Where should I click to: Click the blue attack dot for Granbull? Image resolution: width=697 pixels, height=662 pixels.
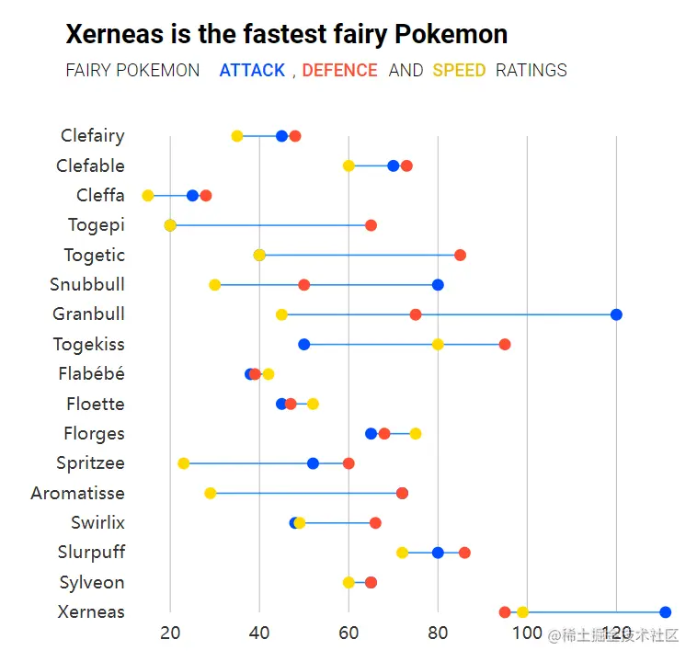[616, 314]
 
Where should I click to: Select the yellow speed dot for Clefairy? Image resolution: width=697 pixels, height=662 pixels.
[237, 136]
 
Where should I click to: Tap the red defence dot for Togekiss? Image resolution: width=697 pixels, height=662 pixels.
[505, 344]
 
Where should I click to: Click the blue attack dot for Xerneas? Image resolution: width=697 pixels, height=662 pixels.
[666, 612]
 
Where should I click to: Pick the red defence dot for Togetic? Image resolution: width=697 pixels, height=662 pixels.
[460, 255]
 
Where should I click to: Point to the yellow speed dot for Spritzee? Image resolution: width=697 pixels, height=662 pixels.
[184, 463]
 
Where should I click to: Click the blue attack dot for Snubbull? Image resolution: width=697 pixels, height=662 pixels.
[438, 284]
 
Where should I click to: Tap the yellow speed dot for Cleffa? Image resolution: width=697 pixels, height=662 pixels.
[148, 196]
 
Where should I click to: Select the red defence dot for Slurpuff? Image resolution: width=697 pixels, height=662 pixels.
[464, 553]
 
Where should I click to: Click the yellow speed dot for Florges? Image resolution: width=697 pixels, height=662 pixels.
[416, 434]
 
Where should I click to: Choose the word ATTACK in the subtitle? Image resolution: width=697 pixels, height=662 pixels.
[252, 70]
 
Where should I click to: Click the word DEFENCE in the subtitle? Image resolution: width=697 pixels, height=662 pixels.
[339, 70]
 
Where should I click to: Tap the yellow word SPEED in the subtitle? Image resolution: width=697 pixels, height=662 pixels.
[459, 70]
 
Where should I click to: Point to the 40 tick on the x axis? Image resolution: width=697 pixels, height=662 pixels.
[259, 633]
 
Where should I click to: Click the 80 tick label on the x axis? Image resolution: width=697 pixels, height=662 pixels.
[438, 633]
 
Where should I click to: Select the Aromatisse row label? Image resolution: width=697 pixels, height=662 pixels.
[77, 494]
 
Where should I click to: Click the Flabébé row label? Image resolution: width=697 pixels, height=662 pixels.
[91, 374]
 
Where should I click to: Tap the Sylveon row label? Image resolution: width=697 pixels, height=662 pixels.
[92, 583]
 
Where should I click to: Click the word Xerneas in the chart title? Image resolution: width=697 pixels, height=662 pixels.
[114, 35]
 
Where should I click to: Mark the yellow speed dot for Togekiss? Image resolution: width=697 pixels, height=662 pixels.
[438, 344]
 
